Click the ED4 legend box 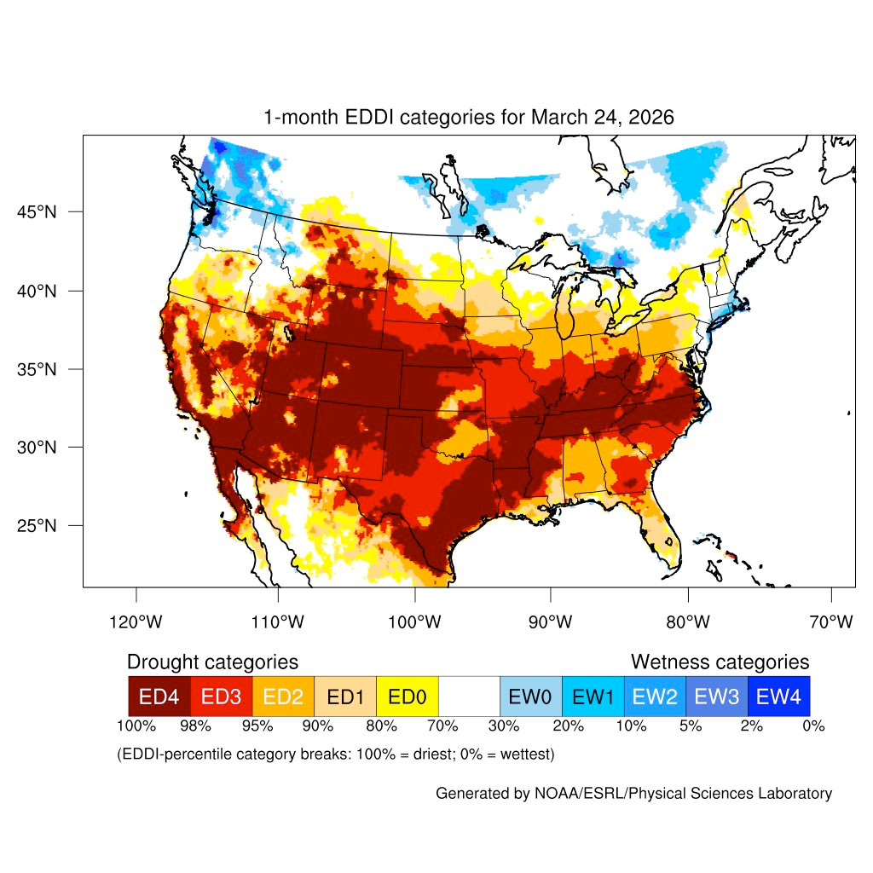[x=159, y=696]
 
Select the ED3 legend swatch [x=221, y=696]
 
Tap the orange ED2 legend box [x=283, y=696]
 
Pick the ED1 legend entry [x=344, y=696]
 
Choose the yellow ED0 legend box [x=407, y=696]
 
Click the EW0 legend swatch [x=530, y=696]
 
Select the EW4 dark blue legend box [x=778, y=696]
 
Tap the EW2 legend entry [x=655, y=696]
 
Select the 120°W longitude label [x=136, y=622]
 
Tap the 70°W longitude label [x=830, y=622]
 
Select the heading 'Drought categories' [x=212, y=662]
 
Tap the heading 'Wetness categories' [x=720, y=662]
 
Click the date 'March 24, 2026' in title [x=602, y=118]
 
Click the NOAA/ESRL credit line [x=633, y=794]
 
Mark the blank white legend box [x=468, y=696]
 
